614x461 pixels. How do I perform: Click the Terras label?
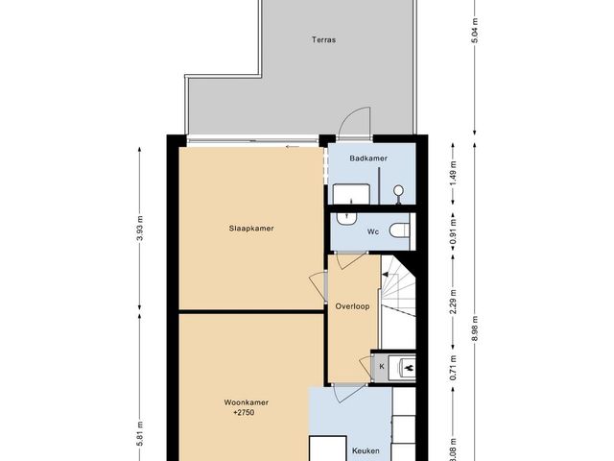click(324, 39)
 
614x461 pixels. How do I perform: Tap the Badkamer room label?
click(368, 158)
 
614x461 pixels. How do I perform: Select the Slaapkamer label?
click(251, 229)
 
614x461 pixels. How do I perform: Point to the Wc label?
click(373, 231)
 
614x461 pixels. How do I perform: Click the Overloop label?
click(352, 306)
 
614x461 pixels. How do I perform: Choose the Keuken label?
click(366, 450)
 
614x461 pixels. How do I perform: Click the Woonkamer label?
click(247, 402)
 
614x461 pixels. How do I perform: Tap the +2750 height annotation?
click(244, 412)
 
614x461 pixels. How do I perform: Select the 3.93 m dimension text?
click(141, 234)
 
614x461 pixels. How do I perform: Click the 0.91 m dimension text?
click(453, 231)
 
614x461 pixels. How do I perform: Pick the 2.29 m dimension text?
click(453, 301)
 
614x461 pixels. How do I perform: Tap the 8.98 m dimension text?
click(475, 328)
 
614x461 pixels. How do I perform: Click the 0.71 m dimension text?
click(453, 367)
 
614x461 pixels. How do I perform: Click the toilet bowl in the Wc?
click(399, 230)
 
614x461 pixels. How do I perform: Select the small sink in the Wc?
click(347, 219)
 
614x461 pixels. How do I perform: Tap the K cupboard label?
click(382, 367)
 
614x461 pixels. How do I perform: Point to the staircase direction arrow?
click(385, 275)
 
